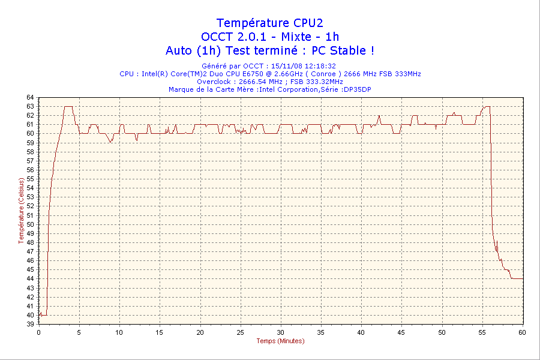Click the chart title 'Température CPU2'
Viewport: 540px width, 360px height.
pos(269,23)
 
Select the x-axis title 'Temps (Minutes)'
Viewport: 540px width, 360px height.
pos(280,341)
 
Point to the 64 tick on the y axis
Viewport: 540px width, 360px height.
pos(30,97)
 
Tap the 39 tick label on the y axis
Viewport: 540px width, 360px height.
pos(30,324)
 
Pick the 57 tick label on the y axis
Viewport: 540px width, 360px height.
pos(30,161)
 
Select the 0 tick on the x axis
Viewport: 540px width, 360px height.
pos(39,332)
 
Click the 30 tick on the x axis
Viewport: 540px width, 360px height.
pos(281,332)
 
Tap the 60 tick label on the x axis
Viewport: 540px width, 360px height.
pos(522,332)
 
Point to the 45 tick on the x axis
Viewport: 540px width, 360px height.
pos(401,332)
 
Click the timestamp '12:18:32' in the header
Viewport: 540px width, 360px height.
pos(320,66)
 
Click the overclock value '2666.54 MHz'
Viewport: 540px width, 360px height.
pos(260,82)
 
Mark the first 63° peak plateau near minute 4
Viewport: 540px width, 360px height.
pos(68,106)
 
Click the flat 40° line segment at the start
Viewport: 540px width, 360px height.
pos(44,315)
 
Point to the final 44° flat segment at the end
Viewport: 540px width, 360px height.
pos(517,278)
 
